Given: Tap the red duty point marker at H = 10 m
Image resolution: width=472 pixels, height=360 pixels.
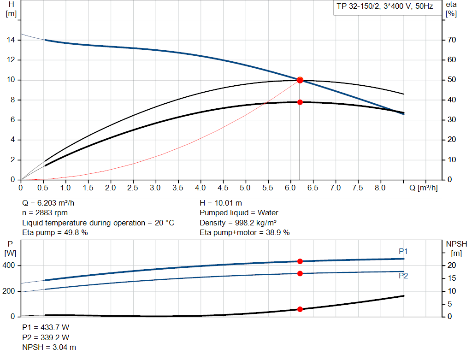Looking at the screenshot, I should (300, 80).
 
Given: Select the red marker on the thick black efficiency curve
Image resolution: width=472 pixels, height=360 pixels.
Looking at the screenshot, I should (300, 102).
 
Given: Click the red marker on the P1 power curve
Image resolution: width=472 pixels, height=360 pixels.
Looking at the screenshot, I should (300, 261).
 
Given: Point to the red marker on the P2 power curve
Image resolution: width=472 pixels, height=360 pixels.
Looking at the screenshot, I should (300, 273).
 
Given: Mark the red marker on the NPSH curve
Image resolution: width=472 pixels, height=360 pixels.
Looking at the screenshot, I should (300, 309).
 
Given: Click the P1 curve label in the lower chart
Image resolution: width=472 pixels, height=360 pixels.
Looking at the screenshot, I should (403, 251).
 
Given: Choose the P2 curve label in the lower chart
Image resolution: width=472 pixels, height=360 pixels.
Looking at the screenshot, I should (403, 276).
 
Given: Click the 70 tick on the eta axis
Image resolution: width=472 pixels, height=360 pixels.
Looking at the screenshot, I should (452, 40).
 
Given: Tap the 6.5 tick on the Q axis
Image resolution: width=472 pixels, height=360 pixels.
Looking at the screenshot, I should (313, 188).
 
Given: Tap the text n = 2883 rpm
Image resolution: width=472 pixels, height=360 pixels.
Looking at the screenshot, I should (45, 213).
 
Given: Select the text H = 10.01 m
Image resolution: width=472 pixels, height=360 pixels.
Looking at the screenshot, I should (221, 203).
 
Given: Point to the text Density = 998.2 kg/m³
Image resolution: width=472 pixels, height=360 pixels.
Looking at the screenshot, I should (238, 223).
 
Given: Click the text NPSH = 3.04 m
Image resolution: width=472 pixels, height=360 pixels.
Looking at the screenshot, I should (49, 347).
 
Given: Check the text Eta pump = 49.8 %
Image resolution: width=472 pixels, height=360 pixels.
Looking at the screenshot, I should (55, 233).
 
